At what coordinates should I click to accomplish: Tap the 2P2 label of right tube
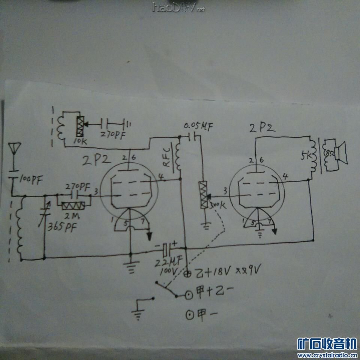click(x=262, y=127)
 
